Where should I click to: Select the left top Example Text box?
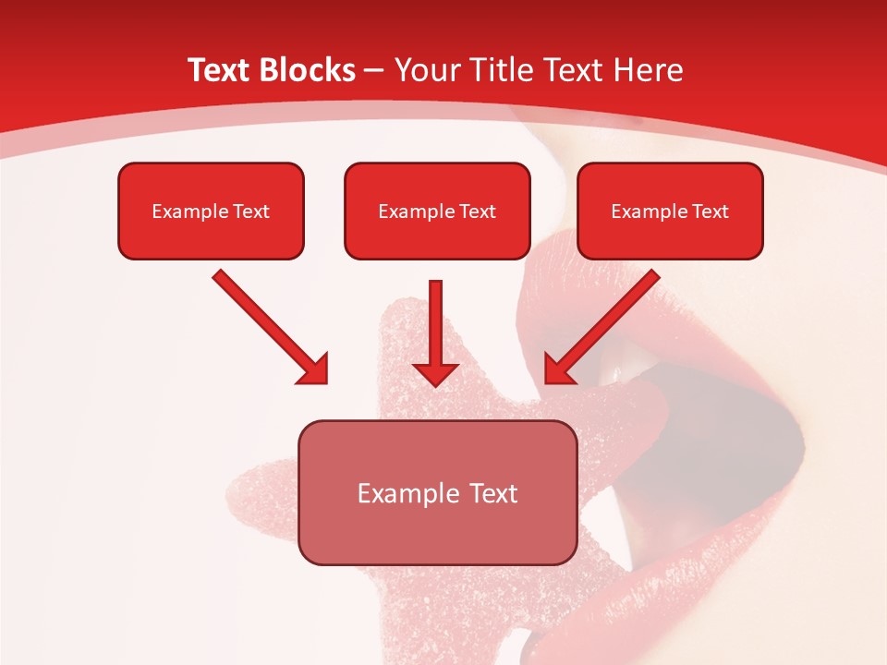pyautogui.click(x=211, y=211)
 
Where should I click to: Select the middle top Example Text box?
pyautogui.click(x=437, y=211)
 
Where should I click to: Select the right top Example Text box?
pyautogui.click(x=670, y=211)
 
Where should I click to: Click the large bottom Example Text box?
pyautogui.click(x=437, y=492)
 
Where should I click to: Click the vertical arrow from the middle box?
pyautogui.click(x=435, y=323)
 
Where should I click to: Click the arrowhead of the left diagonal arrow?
pyautogui.click(x=314, y=369)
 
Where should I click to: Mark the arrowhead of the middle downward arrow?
pyautogui.click(x=435, y=371)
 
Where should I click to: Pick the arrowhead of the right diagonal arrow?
pyautogui.click(x=559, y=369)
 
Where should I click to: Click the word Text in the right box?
pyautogui.click(x=709, y=211)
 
